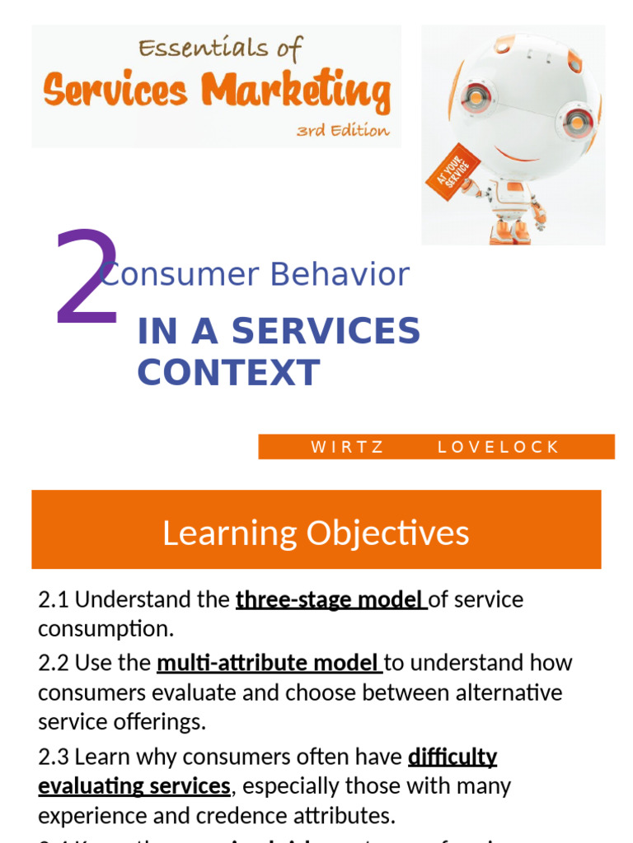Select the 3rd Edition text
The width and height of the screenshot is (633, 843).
click(343, 130)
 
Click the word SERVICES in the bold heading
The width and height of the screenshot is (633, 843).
click(326, 331)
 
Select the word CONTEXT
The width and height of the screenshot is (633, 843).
click(228, 373)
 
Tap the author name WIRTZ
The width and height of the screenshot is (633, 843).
click(347, 447)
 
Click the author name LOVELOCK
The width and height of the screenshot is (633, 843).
click(498, 447)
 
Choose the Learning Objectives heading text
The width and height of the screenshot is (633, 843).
click(316, 533)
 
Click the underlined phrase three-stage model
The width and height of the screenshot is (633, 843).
click(331, 599)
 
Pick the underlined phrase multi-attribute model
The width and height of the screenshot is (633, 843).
click(270, 663)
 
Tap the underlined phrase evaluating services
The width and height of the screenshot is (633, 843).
click(134, 786)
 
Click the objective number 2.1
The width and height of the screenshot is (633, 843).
click(54, 599)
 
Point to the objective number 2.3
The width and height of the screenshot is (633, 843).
click(54, 757)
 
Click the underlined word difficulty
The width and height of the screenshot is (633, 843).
click(452, 757)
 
